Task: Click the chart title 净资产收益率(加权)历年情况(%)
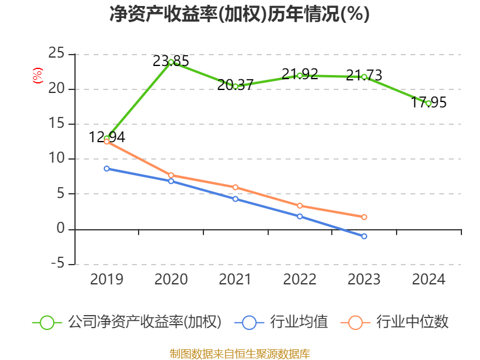239,14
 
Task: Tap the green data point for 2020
171,62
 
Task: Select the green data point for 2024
428,103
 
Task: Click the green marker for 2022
300,76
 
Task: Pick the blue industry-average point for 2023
364,236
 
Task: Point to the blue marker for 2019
107,169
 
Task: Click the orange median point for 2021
236,187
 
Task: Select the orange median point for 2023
364,217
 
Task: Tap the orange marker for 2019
107,142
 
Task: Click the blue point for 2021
236,199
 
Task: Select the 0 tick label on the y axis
61,229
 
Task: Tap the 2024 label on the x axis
428,280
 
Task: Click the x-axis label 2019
107,280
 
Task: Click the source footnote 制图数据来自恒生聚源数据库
239,353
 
